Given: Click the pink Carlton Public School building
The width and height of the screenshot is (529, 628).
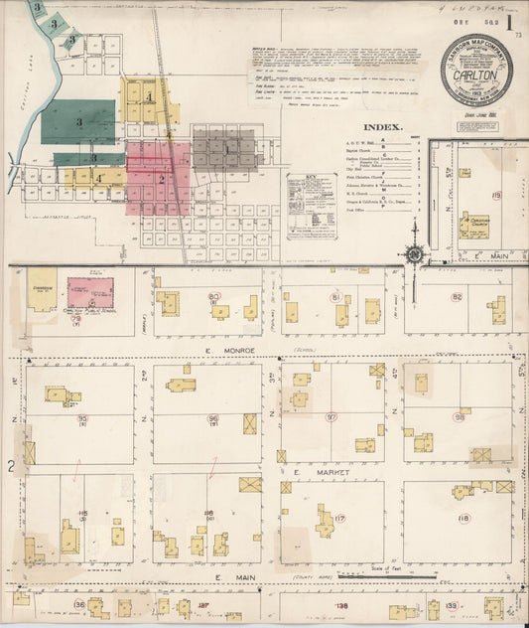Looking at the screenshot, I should tap(90, 292).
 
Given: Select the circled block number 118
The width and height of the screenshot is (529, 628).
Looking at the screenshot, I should tap(463, 518).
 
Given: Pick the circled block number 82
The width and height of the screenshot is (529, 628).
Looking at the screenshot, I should tap(458, 297).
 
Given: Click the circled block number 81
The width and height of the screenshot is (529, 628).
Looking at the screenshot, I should tap(336, 297).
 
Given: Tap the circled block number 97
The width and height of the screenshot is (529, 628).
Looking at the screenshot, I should tap(331, 417).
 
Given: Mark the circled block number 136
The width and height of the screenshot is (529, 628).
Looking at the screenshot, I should tap(79, 604).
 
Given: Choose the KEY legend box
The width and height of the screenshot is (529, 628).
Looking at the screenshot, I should tap(311, 205).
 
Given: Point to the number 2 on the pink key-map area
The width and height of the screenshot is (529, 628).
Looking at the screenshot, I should tap(160, 179).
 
